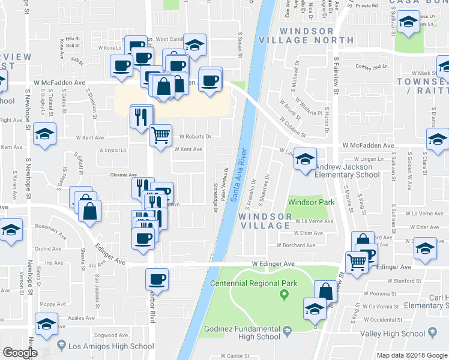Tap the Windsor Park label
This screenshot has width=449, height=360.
[310, 202]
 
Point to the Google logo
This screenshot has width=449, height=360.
[20, 353]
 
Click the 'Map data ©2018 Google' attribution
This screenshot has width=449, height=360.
[412, 355]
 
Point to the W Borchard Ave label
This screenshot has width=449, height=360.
[295, 245]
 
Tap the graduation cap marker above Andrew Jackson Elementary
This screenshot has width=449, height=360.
[306, 159]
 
